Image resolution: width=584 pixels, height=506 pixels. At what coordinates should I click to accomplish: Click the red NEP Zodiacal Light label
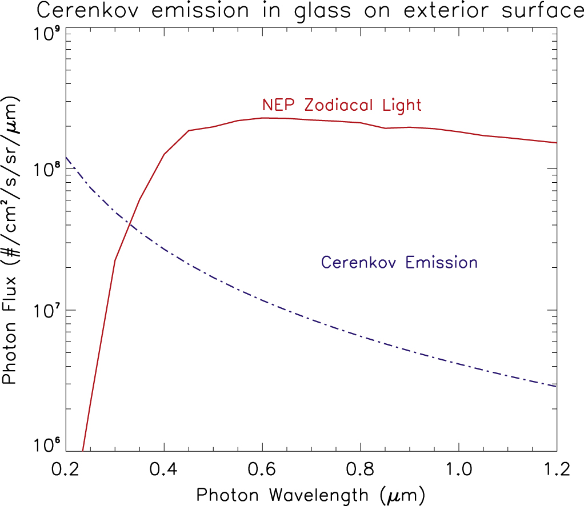[341, 105]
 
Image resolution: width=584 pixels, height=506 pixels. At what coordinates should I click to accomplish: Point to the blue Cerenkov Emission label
[399, 263]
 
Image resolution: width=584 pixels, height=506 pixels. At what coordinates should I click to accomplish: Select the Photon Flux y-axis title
[13, 240]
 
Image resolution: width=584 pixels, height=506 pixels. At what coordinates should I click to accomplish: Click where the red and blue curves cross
[131, 224]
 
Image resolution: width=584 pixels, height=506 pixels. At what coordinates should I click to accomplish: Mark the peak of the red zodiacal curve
[263, 118]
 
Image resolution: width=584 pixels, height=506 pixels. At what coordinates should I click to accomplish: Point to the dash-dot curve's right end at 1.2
[556, 387]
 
